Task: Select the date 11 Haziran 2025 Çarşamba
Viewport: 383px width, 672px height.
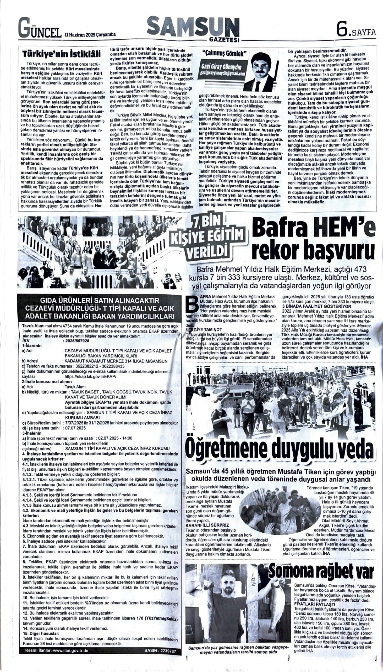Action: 90,34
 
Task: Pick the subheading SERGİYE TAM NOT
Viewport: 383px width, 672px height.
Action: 204,330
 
